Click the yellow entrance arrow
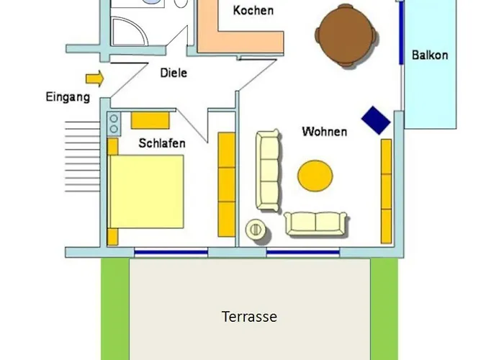pos(95,78)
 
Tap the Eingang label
pos(68,97)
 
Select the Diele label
pos(174,73)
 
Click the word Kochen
pos(253,10)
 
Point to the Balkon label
pos(430,55)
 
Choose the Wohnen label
pos(325,132)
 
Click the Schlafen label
pos(162,143)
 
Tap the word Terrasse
pos(249,317)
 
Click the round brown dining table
pos(346,35)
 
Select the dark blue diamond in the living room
pos(376,120)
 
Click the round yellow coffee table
pos(315,176)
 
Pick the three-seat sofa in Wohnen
pos(269,171)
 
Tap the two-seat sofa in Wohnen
pos(316,224)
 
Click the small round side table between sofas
pos(256,230)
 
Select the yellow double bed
pos(147,192)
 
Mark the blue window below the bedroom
pos(171,253)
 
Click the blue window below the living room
pos(303,253)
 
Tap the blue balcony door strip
pos(402,33)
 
